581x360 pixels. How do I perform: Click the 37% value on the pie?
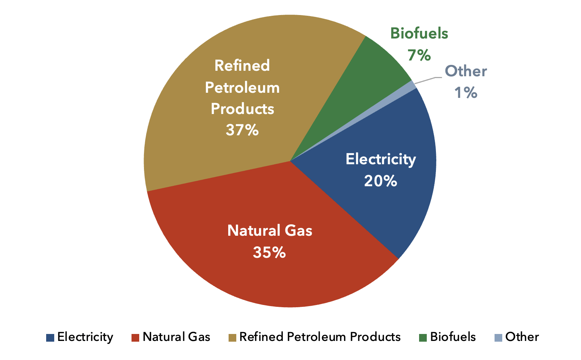[x=242, y=130]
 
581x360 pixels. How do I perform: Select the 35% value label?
[x=269, y=253]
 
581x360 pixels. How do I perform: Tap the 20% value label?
[x=380, y=181]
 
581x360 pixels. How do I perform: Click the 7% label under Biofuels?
[x=419, y=55]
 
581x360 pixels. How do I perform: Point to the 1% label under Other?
[x=466, y=93]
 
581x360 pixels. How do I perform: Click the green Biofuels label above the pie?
[x=419, y=33]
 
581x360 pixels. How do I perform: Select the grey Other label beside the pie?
[x=466, y=71]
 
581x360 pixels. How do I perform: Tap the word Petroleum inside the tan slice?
[x=242, y=88]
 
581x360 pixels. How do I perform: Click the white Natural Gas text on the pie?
[x=270, y=231]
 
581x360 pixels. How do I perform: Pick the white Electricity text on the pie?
[x=381, y=159]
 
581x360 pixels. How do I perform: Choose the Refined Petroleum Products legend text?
[x=319, y=337]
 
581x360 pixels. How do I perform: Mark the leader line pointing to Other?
[x=427, y=80]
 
